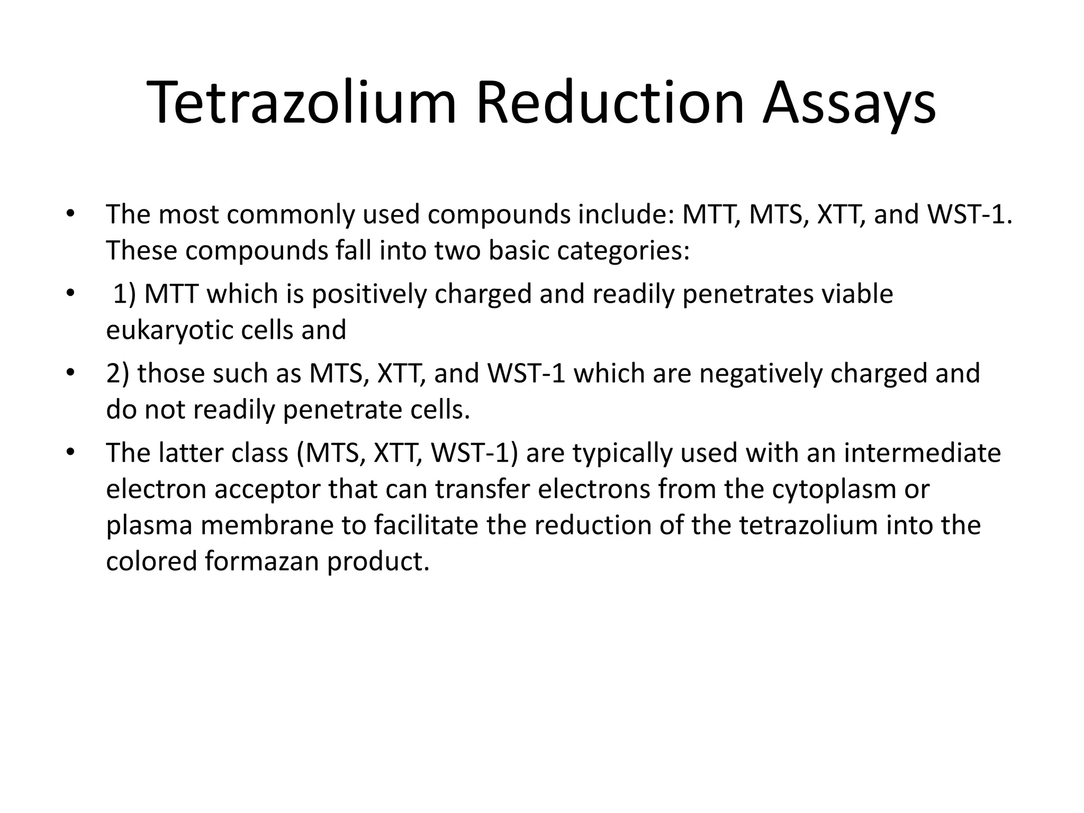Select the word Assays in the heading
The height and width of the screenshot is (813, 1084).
(849, 103)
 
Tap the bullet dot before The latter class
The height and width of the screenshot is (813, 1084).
(69, 454)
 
